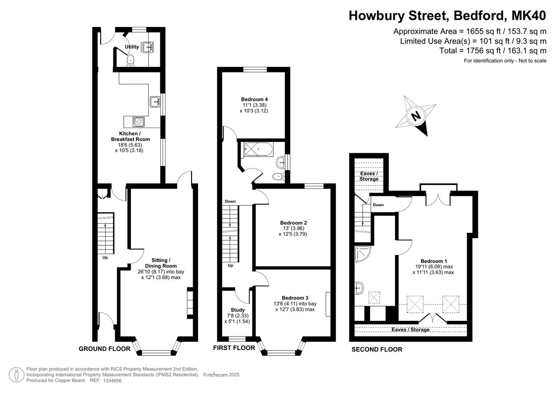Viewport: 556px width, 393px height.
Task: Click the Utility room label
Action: (x=132, y=46)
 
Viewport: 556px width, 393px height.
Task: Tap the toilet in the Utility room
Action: (x=131, y=61)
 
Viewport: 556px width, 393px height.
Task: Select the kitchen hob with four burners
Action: (x=138, y=122)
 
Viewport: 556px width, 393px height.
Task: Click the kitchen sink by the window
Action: (x=155, y=102)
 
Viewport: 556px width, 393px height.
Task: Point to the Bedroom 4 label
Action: (x=255, y=99)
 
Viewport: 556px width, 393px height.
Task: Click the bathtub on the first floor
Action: (x=258, y=149)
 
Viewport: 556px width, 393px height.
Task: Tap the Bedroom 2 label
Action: (x=293, y=223)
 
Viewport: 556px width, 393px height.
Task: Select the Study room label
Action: (x=238, y=310)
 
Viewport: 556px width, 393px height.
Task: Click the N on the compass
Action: (x=416, y=116)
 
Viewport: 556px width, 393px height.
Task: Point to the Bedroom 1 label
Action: (x=434, y=261)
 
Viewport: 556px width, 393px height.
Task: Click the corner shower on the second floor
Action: (x=362, y=254)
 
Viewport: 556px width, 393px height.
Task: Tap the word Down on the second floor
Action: (x=378, y=205)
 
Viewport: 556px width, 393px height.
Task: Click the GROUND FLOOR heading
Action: (x=105, y=349)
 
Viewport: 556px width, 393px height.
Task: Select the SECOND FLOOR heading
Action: (x=377, y=349)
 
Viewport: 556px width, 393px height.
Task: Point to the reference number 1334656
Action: (x=113, y=380)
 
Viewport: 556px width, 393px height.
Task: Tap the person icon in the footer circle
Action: (x=17, y=375)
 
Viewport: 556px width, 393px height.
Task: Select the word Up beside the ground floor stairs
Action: (x=105, y=258)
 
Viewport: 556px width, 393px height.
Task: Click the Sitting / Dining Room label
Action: (x=161, y=263)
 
